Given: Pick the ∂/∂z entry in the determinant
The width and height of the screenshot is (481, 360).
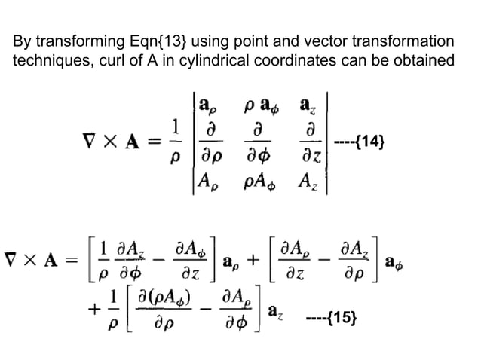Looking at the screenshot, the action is point(311,142).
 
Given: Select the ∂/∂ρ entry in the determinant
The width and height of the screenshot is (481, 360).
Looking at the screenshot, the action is point(212,142).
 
